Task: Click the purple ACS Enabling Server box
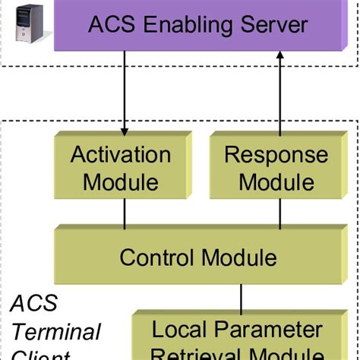coord(197,25)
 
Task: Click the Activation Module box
coord(120,168)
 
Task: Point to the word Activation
coord(120,156)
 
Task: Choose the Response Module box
coord(276,168)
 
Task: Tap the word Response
coord(276,156)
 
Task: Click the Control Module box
coord(197,257)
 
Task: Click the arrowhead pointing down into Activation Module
coord(125,126)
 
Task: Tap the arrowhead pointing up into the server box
coord(279,56)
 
